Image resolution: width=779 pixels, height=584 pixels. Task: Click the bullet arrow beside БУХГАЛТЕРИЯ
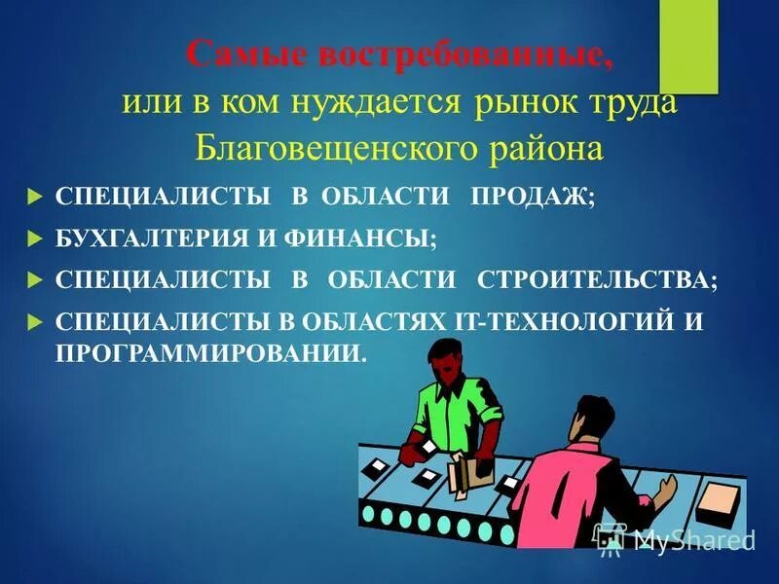pos(36,237)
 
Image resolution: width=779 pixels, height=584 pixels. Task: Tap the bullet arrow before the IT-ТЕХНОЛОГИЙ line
pos(36,321)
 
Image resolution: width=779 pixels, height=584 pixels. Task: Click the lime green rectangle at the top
pos(689,46)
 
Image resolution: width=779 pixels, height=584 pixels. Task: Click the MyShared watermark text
pos(693,538)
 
